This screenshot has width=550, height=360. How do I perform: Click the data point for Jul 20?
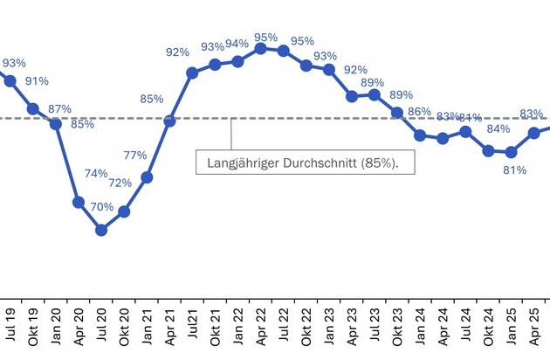101,230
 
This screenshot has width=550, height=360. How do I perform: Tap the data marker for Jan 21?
147,177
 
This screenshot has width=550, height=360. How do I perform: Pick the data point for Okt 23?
397,113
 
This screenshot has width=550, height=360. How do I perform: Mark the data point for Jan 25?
511,152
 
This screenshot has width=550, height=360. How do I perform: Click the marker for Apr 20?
79,203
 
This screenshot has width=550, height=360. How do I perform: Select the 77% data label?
134,156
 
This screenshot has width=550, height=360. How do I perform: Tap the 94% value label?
237,44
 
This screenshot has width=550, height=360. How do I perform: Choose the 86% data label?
420,112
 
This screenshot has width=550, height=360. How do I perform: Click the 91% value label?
37,82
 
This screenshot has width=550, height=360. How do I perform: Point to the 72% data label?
120,183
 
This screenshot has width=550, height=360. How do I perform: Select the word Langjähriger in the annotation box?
244,163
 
